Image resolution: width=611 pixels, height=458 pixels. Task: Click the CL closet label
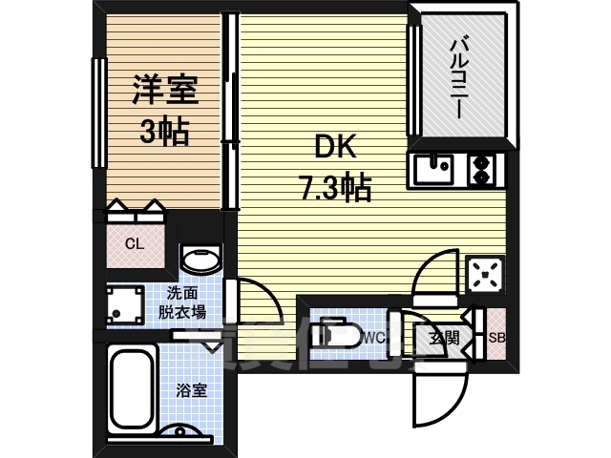[x=135, y=243]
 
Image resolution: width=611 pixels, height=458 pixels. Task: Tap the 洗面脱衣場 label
[x=181, y=302]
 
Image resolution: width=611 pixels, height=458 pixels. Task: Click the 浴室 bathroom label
[x=191, y=389]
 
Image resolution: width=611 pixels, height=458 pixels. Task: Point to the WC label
[x=373, y=336]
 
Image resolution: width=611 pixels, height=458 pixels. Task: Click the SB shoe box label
[x=496, y=337]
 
